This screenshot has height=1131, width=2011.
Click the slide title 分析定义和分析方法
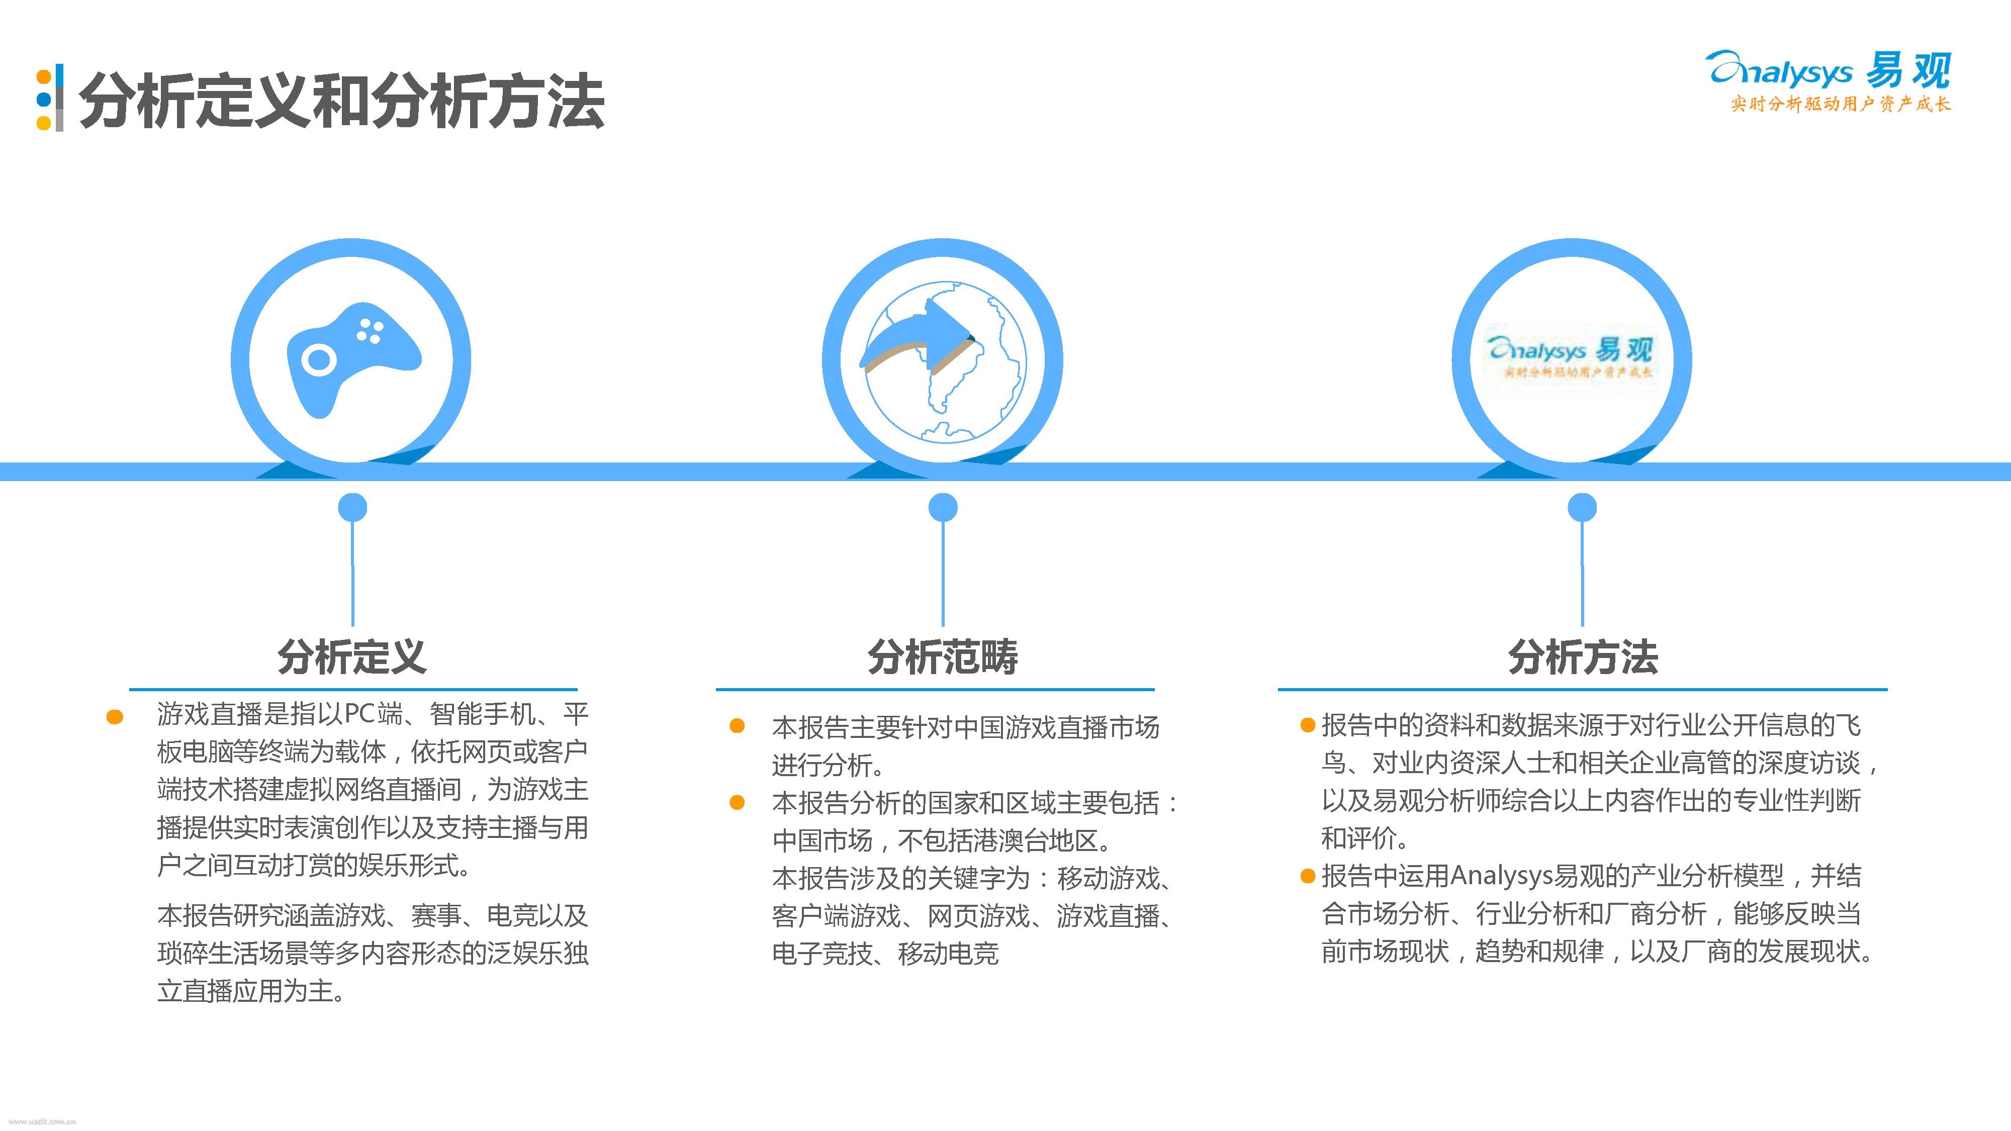click(341, 102)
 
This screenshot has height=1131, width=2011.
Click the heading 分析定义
click(352, 656)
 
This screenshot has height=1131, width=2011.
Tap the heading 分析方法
click(1583, 656)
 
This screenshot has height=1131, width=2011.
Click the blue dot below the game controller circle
click(352, 507)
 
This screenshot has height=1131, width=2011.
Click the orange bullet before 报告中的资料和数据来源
click(1308, 726)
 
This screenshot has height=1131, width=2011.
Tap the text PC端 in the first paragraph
click(374, 713)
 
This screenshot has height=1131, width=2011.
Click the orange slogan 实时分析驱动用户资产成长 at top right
click(1840, 104)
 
